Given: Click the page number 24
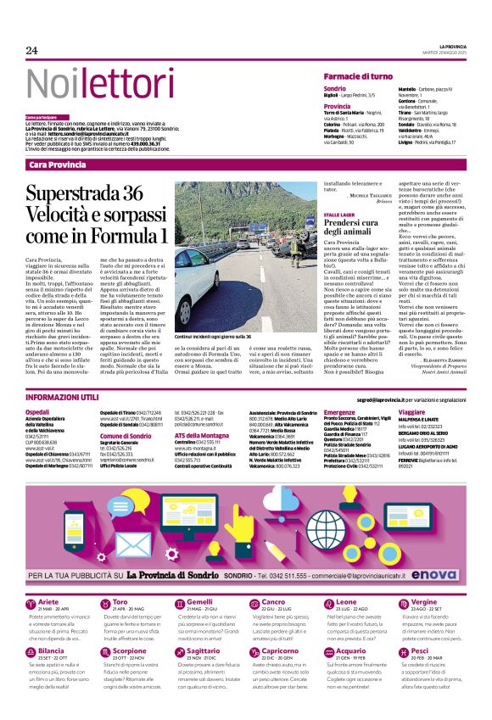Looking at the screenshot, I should (x=31, y=51).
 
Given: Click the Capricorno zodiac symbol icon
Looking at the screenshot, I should (x=241, y=653).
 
